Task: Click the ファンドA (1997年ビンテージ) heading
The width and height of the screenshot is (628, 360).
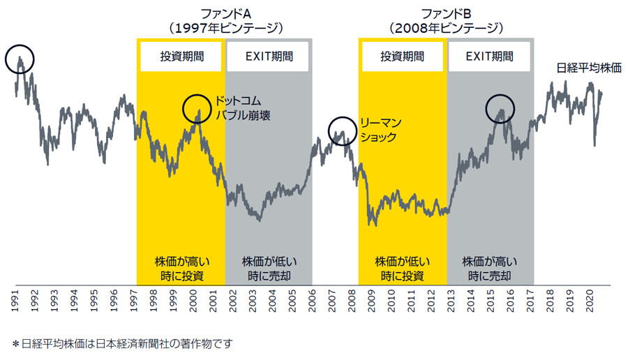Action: click(224, 20)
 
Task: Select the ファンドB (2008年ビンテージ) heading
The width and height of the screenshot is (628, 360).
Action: click(447, 20)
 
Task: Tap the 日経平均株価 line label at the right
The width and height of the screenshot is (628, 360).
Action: click(589, 68)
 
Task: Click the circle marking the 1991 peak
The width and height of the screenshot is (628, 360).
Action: click(20, 60)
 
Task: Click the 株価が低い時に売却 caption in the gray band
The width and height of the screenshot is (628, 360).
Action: click(269, 269)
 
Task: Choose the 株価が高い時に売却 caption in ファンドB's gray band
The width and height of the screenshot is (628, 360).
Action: click(490, 269)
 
